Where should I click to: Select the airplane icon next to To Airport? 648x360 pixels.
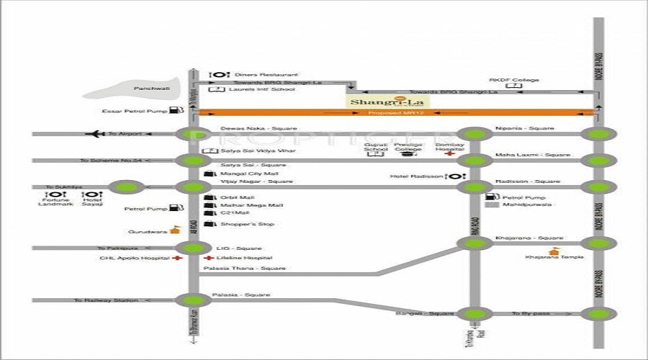tap(94, 133)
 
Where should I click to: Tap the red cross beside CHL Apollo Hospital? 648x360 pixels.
tap(176, 257)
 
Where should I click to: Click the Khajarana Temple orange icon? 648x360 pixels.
tap(554, 251)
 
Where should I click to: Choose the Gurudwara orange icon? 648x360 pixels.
tap(174, 231)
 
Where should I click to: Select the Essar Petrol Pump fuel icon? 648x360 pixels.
tap(175, 111)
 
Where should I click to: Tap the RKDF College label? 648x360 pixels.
tap(514, 80)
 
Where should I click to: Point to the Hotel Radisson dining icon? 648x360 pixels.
tap(455, 176)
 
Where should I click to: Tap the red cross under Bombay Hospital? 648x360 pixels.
tap(450, 154)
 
